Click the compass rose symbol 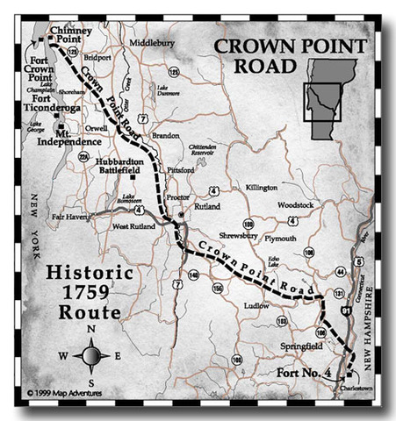click(x=91, y=355)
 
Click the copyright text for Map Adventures click(x=64, y=393)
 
